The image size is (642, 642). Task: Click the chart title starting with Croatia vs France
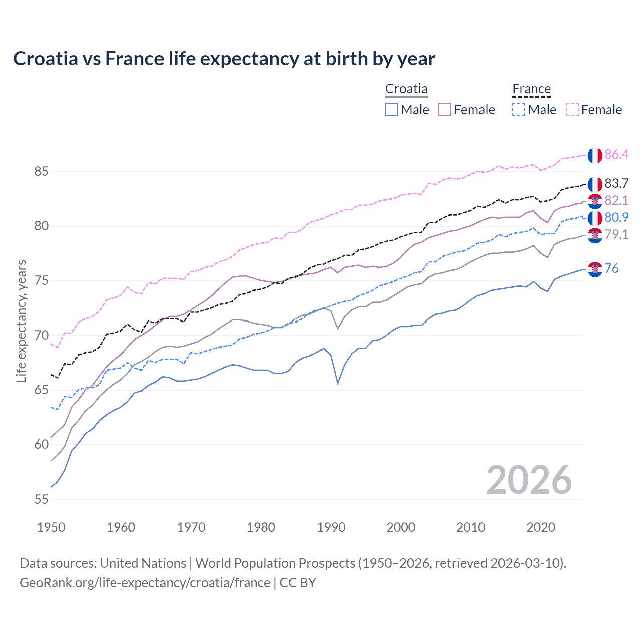coord(224,59)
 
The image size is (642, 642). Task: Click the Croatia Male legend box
coord(392,110)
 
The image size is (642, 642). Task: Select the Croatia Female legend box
coord(445,110)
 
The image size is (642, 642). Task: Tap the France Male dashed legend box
coord(519,110)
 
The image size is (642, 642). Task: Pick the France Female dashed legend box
coord(572,110)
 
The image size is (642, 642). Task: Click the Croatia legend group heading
coord(406,89)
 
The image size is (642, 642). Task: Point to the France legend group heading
coord(531,89)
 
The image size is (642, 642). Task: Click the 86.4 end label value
coord(616,155)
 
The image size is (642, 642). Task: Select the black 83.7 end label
coord(616,184)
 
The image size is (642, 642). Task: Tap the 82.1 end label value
coord(616,201)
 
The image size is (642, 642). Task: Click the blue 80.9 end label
coord(616,218)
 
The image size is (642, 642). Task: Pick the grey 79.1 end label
coord(616,235)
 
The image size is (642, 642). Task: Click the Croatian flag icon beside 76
coord(595,269)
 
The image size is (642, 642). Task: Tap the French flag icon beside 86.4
coord(595,155)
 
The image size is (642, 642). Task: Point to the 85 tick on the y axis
coord(41,172)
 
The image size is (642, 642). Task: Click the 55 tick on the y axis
coord(41,500)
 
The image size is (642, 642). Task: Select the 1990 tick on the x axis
coord(331,527)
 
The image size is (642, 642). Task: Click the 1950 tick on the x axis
coord(51,527)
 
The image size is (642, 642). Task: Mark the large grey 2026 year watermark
coord(529,480)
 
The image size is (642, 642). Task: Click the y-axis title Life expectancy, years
coord(21,321)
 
